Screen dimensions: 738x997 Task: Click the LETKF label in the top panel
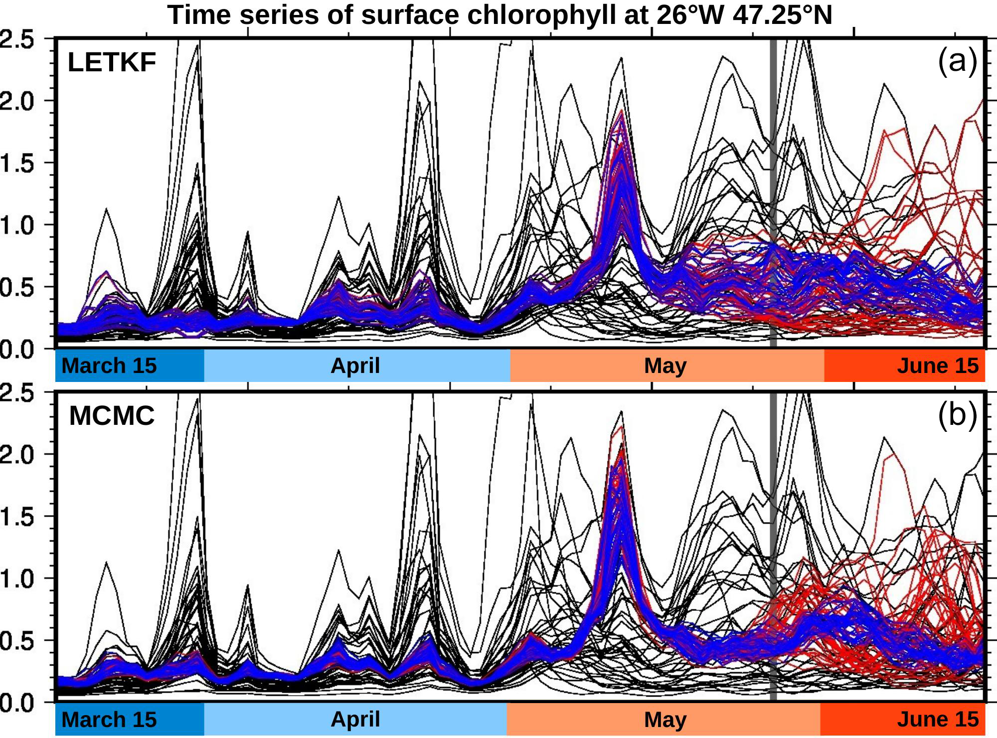click(x=112, y=63)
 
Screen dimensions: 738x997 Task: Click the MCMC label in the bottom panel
click(x=112, y=415)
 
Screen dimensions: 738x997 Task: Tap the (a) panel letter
click(x=957, y=61)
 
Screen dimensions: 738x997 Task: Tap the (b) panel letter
click(x=957, y=414)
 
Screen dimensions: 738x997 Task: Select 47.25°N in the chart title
click(x=783, y=15)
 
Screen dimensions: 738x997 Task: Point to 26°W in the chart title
click(x=690, y=15)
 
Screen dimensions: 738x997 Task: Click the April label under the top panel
click(x=355, y=366)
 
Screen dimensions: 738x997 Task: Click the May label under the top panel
click(x=665, y=366)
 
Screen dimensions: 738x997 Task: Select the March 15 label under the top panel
click(x=109, y=366)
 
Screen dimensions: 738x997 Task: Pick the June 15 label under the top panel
click(x=938, y=366)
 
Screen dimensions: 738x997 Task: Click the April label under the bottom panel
click(x=355, y=719)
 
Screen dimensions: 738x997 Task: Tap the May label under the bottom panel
click(x=665, y=719)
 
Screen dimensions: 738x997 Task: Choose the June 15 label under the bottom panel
click(x=938, y=719)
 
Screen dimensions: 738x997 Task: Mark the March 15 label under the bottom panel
click(x=109, y=719)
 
